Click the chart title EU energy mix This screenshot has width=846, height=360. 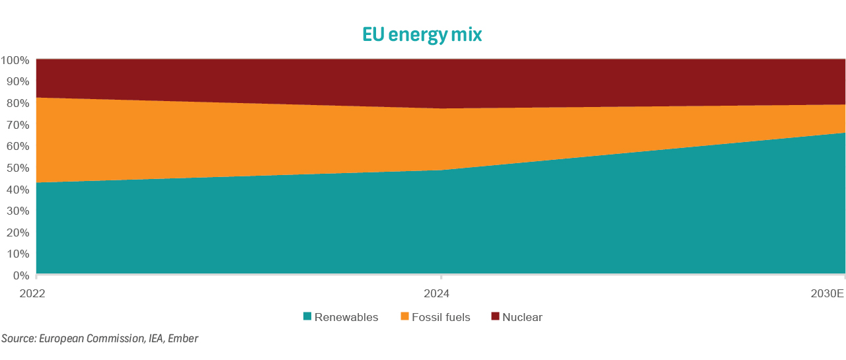coord(422,34)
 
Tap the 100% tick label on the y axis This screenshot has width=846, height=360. coord(15,60)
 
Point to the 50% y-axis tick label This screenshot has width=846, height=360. coord(18,168)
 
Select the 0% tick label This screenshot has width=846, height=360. coord(20,275)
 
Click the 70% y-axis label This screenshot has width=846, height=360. coord(18,125)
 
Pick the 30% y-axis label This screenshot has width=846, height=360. coord(18,211)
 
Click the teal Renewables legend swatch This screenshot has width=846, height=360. coord(307,317)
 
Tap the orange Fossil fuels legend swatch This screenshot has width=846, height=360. coord(404,317)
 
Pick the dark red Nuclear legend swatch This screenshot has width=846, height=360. coord(495,317)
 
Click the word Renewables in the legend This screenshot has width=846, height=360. coord(346,317)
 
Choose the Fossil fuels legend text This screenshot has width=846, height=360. coord(441,317)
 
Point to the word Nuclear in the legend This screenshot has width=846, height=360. coord(522,317)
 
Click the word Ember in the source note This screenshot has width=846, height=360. coord(183,339)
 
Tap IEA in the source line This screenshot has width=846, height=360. coord(153,339)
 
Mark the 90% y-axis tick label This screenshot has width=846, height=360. coord(18,82)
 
